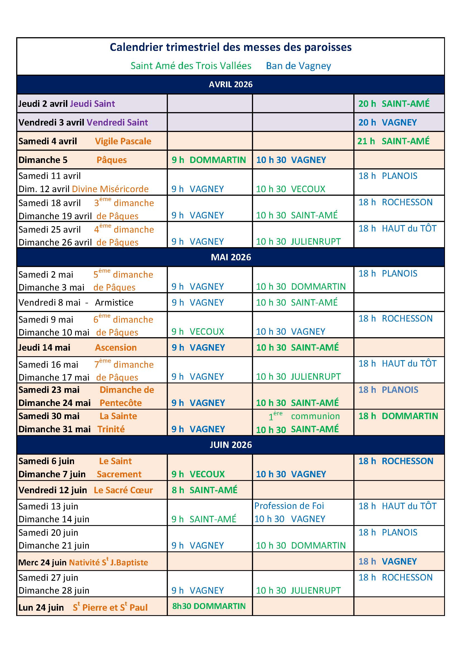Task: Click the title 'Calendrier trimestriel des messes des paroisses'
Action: (230, 47)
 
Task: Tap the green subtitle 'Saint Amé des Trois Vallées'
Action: (191, 66)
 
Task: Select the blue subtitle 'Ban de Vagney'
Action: (298, 66)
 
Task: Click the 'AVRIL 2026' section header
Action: (230, 84)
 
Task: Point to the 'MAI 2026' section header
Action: (231, 257)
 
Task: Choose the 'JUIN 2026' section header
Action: (231, 445)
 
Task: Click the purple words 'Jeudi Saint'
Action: (92, 104)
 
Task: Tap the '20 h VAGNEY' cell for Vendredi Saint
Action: (387, 122)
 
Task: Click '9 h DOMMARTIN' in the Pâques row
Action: (209, 160)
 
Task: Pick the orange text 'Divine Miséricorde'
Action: (110, 189)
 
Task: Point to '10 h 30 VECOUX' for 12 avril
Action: (290, 189)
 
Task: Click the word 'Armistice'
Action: (114, 302)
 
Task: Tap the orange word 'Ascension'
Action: (116, 348)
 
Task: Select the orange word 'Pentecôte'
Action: (121, 403)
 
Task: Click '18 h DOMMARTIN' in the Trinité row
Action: (398, 416)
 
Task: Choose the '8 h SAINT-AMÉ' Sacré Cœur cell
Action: (204, 490)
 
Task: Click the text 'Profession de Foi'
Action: (289, 506)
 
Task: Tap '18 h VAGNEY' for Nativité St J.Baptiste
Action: (387, 561)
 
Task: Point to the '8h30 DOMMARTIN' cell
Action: (209, 606)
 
